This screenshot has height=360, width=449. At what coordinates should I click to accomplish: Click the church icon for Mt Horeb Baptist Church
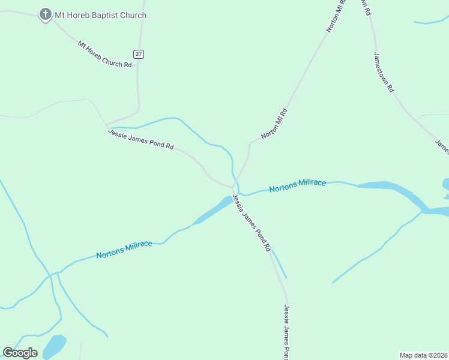(45, 14)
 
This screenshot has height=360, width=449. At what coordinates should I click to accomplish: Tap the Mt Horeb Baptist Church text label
(101, 15)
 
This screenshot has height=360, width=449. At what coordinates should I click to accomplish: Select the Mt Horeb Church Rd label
(104, 54)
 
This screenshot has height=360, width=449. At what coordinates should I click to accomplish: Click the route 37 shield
(139, 54)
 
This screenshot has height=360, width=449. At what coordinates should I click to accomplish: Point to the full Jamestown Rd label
(384, 71)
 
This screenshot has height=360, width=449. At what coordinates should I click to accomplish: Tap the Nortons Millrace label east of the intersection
(297, 185)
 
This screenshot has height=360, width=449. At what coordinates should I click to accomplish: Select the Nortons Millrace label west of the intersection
(124, 250)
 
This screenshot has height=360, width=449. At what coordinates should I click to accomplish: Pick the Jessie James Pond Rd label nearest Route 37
(141, 139)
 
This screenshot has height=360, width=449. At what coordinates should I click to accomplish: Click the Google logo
(20, 353)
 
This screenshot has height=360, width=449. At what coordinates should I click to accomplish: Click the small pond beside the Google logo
(55, 346)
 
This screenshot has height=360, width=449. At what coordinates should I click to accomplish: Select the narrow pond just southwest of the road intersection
(213, 211)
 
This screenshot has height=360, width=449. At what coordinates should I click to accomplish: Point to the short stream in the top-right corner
(429, 23)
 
